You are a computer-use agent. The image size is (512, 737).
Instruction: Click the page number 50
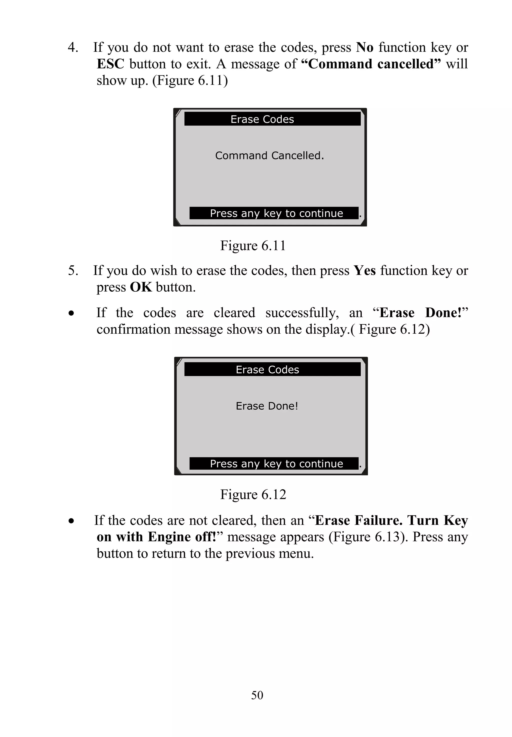pyautogui.click(x=257, y=695)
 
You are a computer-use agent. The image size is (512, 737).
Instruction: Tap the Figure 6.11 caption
pyautogui.click(x=253, y=246)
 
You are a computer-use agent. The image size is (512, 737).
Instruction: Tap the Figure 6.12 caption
pyautogui.click(x=253, y=494)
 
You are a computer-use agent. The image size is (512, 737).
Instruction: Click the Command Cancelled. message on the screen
pyautogui.click(x=269, y=155)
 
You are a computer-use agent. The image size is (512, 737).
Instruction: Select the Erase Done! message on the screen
pyautogui.click(x=267, y=406)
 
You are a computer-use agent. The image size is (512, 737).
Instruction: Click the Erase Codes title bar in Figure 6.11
pyautogui.click(x=272, y=119)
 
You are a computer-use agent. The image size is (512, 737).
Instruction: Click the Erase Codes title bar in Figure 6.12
pyautogui.click(x=272, y=369)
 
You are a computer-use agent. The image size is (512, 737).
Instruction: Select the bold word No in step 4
pyautogui.click(x=365, y=47)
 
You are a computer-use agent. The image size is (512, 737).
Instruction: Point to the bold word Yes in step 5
pyautogui.click(x=364, y=271)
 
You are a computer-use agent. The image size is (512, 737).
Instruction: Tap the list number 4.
pyautogui.click(x=73, y=47)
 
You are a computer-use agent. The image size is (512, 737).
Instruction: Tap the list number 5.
pyautogui.click(x=73, y=271)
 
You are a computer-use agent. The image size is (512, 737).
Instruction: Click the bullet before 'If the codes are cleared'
pyautogui.click(x=71, y=313)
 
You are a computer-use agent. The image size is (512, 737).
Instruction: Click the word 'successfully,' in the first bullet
pyautogui.click(x=302, y=313)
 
